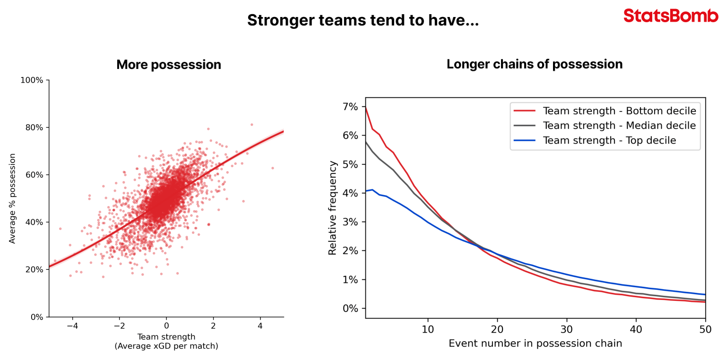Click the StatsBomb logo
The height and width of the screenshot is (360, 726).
[x=671, y=16]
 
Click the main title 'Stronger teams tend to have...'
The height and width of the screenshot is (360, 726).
[x=363, y=20]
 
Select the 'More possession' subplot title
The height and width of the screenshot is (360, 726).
[x=169, y=65]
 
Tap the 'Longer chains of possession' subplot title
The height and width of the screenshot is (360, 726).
[x=534, y=64]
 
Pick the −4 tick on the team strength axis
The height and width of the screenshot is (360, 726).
[x=72, y=326]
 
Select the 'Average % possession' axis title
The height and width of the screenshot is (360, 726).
[x=12, y=198]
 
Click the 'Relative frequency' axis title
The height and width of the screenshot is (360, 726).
[x=333, y=208]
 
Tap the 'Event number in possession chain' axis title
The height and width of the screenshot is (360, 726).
[x=535, y=343]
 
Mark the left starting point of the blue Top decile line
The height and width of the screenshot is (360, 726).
[x=366, y=191]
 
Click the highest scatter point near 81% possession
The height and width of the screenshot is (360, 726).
[x=251, y=125]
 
